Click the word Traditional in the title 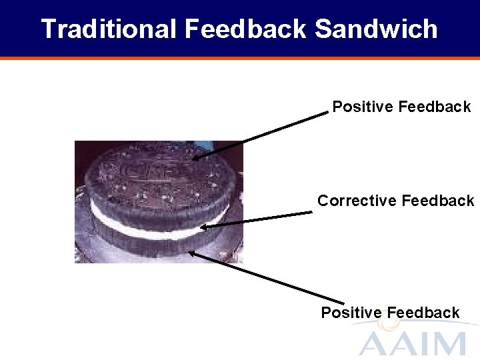[x=109, y=29]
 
